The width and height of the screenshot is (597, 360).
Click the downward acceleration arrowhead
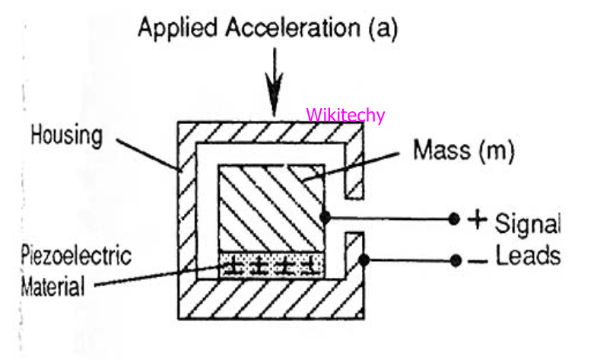(x=275, y=97)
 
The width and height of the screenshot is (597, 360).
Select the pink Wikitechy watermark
(x=345, y=116)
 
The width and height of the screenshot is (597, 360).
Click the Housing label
(x=66, y=137)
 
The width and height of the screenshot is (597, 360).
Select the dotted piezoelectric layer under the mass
(x=271, y=266)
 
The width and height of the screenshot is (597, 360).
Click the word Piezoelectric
(x=75, y=256)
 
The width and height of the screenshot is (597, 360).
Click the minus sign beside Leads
(x=478, y=261)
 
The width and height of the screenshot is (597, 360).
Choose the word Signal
(x=528, y=224)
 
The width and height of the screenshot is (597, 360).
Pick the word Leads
(x=529, y=256)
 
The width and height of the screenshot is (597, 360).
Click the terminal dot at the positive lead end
(x=453, y=220)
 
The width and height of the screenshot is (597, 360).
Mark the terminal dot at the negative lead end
(x=455, y=260)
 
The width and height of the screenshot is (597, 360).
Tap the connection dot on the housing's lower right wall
(x=364, y=260)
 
